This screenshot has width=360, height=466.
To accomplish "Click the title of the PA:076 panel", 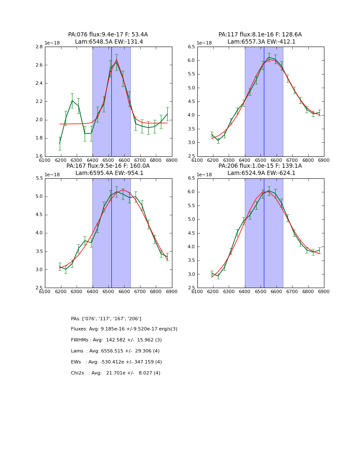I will (x=108, y=35).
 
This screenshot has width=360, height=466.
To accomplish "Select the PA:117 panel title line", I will (x=260, y=35).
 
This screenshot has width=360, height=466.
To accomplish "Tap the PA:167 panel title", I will (x=108, y=166).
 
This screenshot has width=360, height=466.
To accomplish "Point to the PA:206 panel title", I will (x=260, y=166).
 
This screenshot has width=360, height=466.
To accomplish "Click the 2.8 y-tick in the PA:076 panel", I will (x=38, y=47).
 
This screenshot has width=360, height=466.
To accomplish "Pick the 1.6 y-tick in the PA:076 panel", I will (x=38, y=156).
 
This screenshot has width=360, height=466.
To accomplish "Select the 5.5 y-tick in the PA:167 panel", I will (x=38, y=178).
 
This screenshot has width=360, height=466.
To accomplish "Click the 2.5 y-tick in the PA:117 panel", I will (x=191, y=156).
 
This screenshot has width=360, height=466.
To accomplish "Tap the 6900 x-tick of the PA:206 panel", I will (x=324, y=291).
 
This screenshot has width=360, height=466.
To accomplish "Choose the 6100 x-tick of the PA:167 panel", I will (x=45, y=291).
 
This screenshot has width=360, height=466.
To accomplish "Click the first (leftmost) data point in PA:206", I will (x=212, y=274).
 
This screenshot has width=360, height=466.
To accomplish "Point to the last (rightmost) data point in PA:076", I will (x=167, y=114).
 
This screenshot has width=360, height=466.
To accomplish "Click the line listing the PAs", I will (x=106, y=319).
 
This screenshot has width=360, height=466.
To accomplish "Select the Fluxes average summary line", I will (x=124, y=329).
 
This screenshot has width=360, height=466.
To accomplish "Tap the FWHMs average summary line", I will (x=116, y=340).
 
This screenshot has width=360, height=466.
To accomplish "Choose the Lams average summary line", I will (x=115, y=351).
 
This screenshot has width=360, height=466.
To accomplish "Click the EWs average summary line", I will (x=116, y=362).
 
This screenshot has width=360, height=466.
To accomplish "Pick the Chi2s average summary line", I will (x=116, y=373).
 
